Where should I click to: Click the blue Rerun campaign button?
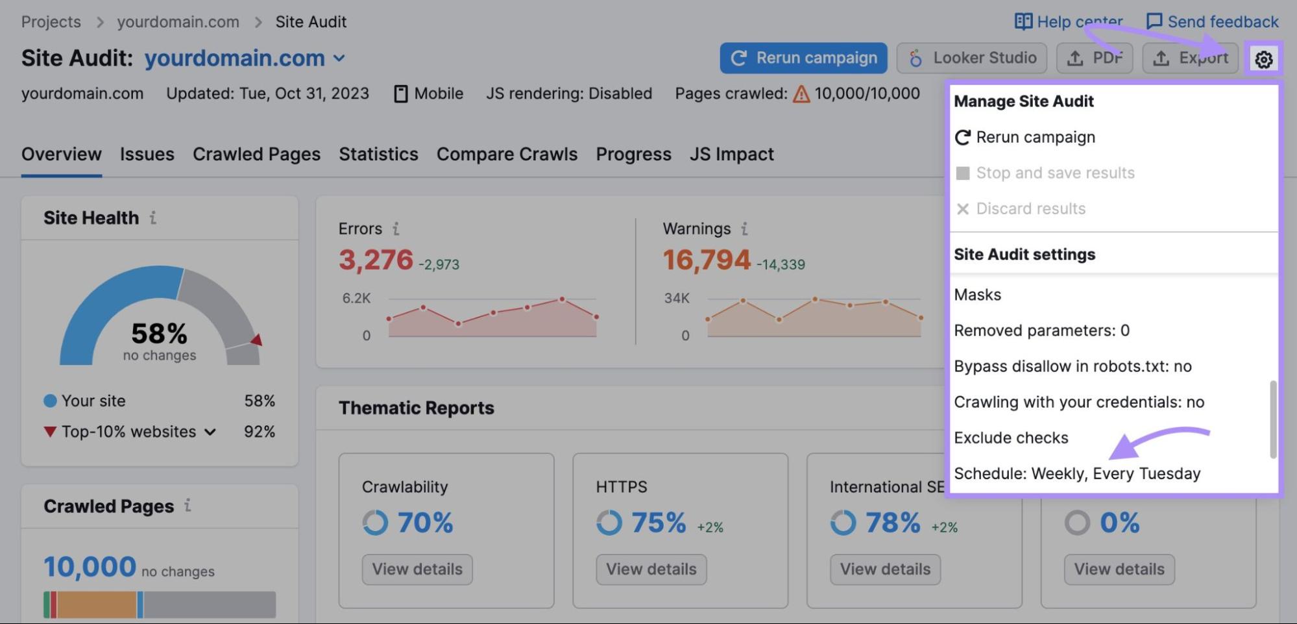pos(803,58)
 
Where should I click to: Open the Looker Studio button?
pos(971,58)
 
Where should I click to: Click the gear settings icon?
pos(1263,60)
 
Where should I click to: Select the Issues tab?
pos(147,155)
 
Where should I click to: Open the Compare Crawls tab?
pos(507,155)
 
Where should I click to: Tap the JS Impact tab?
pos(731,155)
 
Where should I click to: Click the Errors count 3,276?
pos(376,260)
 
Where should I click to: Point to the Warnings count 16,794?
pos(706,260)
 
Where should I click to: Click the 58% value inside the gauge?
pos(159,334)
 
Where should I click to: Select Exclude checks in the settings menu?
pos(1010,438)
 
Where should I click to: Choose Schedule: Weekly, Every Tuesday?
pos(1076,473)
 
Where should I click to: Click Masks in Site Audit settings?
pos(977,295)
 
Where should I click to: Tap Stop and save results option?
pos(1054,173)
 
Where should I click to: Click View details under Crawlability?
pos(417,569)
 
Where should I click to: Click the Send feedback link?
pos(1212,22)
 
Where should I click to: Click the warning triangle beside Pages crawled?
pos(801,95)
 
